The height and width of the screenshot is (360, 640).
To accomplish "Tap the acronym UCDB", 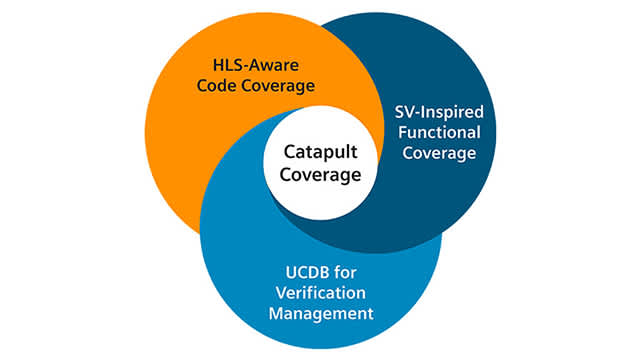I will (x=294, y=271).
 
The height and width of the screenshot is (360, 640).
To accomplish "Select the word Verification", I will (x=320, y=292).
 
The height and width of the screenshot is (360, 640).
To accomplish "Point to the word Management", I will (x=320, y=313).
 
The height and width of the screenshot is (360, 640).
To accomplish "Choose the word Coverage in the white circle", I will (x=320, y=175).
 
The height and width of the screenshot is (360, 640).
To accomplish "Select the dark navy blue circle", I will (x=440, y=200).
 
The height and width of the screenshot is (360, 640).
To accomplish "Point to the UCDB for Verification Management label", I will (x=320, y=292).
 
